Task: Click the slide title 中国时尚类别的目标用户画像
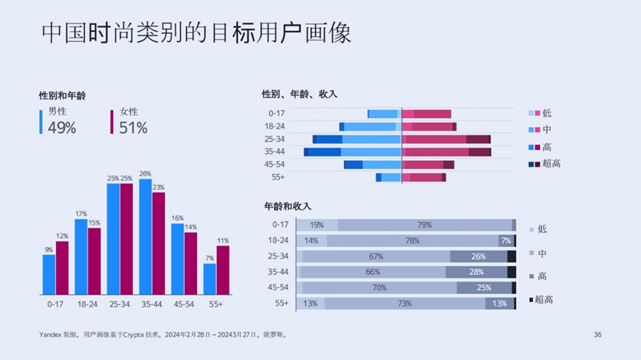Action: [x=196, y=34]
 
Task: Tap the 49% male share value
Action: [x=62, y=127]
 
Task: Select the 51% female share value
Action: [x=133, y=127]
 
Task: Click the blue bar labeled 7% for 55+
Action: [x=209, y=278]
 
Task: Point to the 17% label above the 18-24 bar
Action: [x=81, y=214]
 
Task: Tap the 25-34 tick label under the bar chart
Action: [x=119, y=305]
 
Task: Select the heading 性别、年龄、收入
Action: [x=300, y=94]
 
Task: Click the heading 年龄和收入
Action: [x=286, y=206]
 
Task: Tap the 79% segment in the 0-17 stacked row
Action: [x=425, y=225]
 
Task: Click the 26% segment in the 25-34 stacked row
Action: [x=478, y=257]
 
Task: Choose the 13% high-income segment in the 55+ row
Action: [x=499, y=303]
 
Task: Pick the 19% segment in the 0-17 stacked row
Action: [x=317, y=225]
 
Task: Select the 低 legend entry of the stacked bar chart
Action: [x=542, y=229]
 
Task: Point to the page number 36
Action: [x=597, y=334]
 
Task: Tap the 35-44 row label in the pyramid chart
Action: [x=275, y=152]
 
